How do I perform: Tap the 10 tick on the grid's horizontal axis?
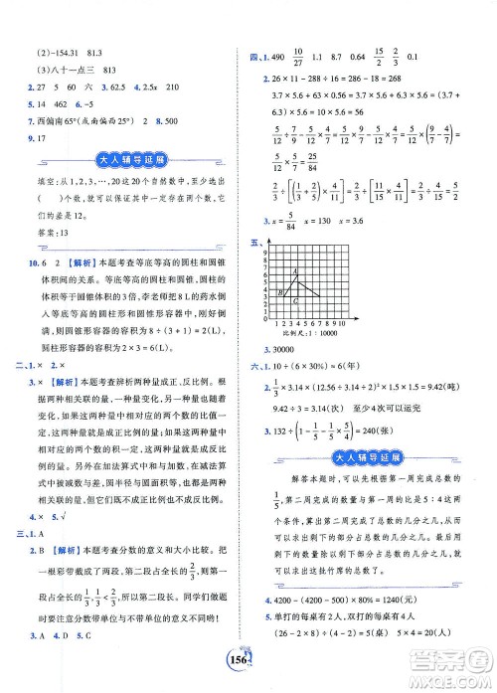point(339,321)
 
